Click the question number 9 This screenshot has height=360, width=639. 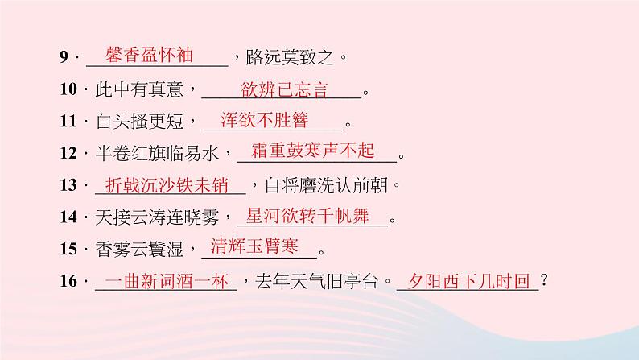pos(64,58)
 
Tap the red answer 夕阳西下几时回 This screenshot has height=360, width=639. pos(469,280)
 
